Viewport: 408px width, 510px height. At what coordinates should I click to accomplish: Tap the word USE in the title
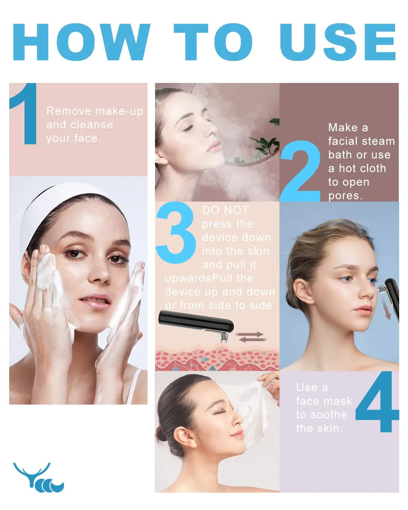pos(338,42)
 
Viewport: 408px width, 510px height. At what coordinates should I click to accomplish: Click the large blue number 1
pos(24,114)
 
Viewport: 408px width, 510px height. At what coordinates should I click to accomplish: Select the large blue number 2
pos(300,171)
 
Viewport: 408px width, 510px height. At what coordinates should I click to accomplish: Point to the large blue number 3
pos(176,232)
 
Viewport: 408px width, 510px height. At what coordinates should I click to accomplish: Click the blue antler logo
pos(38,477)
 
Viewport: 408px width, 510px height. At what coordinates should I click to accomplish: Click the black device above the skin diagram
pos(197,323)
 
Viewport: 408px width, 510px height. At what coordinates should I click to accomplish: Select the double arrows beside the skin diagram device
pos(251,337)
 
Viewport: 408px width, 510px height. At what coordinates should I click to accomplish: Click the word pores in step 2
pos(345,196)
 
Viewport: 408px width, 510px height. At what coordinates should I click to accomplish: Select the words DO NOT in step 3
pos(225,210)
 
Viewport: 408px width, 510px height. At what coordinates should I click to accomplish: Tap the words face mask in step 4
pos(324,401)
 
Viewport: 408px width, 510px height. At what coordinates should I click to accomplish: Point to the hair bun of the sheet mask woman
pos(161,433)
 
